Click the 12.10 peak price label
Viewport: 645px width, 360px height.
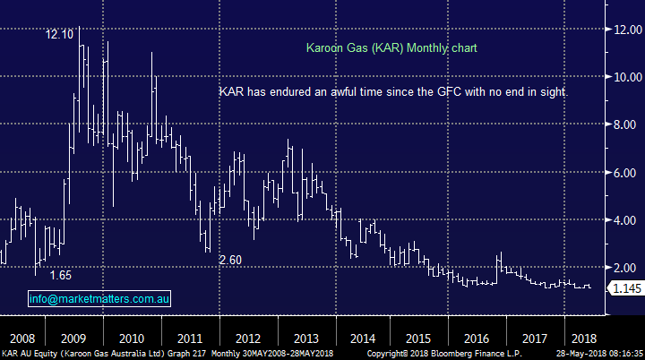pos(60,34)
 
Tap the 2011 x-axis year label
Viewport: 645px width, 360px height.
pos(189,339)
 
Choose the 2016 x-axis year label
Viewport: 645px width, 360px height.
pos(477,339)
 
